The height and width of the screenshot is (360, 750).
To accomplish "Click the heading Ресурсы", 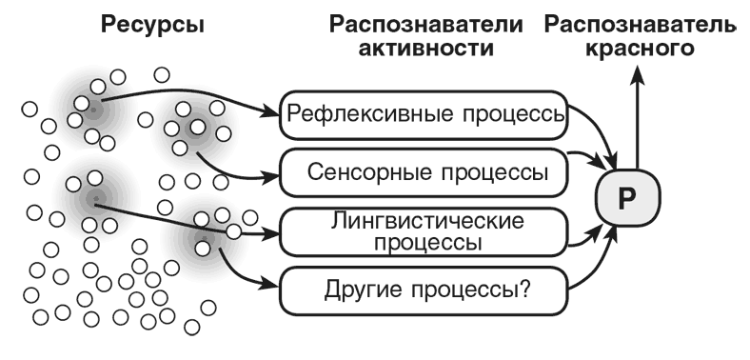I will point(153,26).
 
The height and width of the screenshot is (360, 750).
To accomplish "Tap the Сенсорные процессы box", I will point(424,172).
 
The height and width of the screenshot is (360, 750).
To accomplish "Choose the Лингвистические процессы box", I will point(424,231).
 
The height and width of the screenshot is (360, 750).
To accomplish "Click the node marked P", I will point(625,199).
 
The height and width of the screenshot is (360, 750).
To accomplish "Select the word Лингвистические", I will point(425,221).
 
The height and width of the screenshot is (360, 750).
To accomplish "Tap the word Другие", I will point(345,286).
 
